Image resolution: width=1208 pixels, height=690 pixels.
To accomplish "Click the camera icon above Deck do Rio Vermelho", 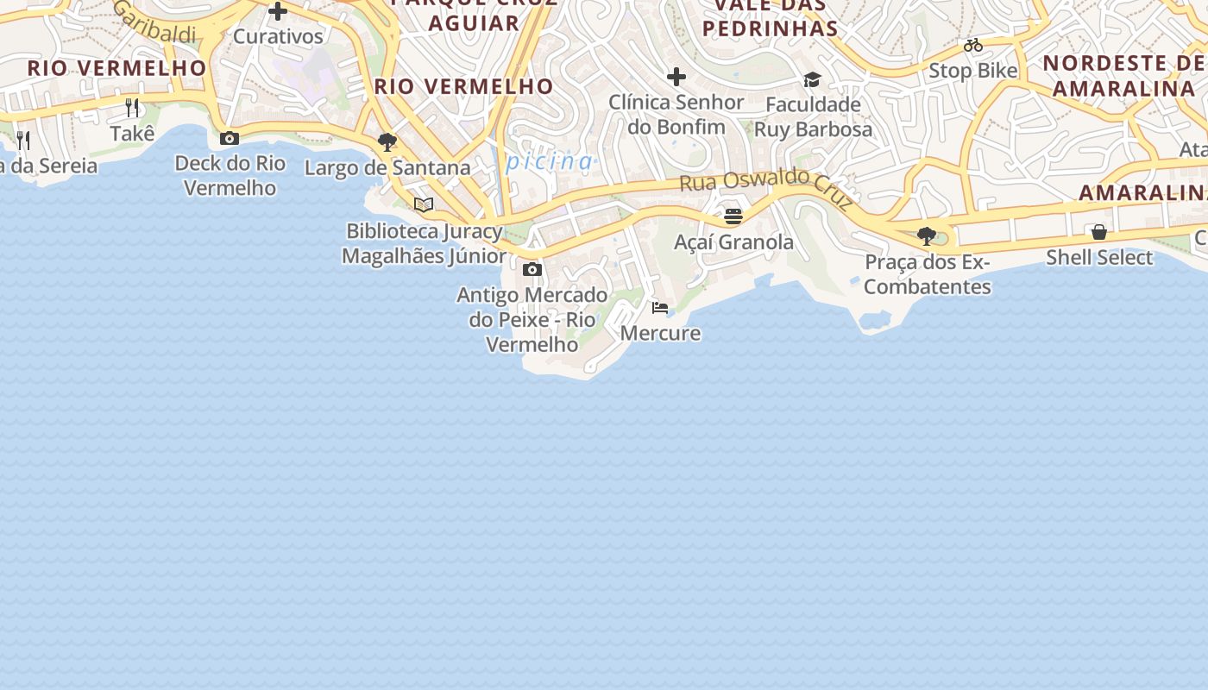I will pyautogui.click(x=230, y=138).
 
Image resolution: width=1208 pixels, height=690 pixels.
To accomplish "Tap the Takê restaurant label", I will pyautogui.click(x=133, y=134).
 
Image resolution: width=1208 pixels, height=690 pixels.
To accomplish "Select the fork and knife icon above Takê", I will pyautogui.click(x=132, y=108).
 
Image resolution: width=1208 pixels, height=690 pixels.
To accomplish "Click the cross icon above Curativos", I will pyautogui.click(x=278, y=11).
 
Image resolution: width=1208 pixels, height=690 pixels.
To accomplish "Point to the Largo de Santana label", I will pyautogui.click(x=387, y=167).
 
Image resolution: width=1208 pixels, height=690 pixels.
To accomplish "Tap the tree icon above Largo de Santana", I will pyautogui.click(x=387, y=142).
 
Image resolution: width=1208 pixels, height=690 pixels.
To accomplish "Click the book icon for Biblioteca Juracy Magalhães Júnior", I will pyautogui.click(x=424, y=204).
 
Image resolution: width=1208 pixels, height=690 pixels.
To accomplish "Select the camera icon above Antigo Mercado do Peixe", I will pyautogui.click(x=532, y=270).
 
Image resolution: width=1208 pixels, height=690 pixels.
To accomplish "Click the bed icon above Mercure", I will pyautogui.click(x=660, y=308).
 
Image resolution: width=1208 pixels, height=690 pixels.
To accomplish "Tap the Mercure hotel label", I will pyautogui.click(x=660, y=333).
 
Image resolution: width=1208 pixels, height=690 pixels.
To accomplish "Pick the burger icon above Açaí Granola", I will pyautogui.click(x=733, y=216).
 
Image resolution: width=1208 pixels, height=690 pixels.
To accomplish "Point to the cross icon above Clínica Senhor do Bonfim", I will pyautogui.click(x=676, y=78).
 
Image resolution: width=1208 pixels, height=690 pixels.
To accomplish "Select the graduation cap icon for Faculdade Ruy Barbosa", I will pyautogui.click(x=812, y=80).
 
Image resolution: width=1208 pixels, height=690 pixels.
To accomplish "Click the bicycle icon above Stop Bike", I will pyautogui.click(x=973, y=45).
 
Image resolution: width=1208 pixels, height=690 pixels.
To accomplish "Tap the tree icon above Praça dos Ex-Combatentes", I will pyautogui.click(x=927, y=235).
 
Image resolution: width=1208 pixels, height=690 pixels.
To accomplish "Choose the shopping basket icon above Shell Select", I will pyautogui.click(x=1099, y=232).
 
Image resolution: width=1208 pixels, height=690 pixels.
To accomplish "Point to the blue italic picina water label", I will pyautogui.click(x=550, y=161).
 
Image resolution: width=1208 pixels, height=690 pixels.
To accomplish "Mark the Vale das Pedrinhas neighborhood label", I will pyautogui.click(x=770, y=17).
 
